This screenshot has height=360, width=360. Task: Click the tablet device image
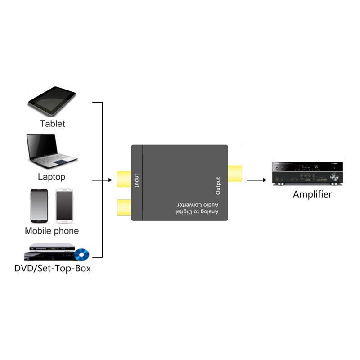52,103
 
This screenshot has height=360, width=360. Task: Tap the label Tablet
52,124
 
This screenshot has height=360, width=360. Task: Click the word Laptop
51,177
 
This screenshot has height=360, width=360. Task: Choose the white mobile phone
64,205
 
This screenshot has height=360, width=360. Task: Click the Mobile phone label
52,231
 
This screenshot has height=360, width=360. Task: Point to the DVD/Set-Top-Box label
52,269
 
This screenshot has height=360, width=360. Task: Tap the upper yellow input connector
124,179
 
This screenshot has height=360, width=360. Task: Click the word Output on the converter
218,185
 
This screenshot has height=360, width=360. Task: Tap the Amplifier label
312,194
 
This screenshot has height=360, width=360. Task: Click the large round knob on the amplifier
334,177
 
